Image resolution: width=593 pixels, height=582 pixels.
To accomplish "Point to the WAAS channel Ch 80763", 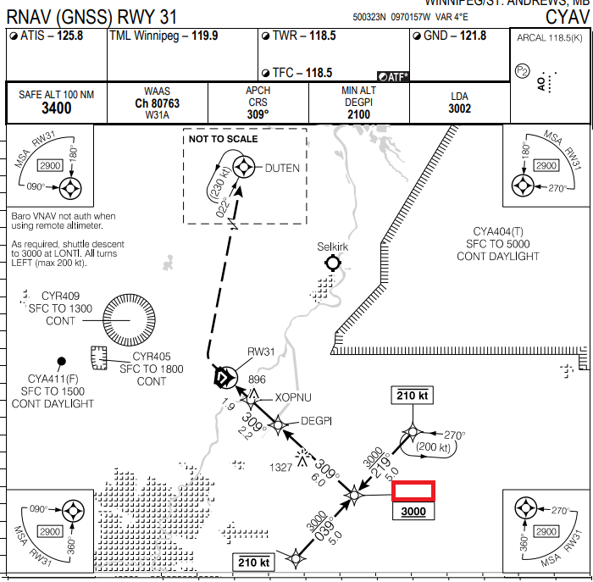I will click(157, 103).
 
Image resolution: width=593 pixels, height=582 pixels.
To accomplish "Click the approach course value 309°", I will click(258, 114).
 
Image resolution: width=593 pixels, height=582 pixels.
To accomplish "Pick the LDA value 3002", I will click(459, 108).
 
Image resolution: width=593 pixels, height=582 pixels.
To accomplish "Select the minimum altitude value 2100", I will click(358, 114).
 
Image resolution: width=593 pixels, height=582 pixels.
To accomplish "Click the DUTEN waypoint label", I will click(282, 168).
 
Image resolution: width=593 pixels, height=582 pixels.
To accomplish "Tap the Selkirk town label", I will click(333, 247).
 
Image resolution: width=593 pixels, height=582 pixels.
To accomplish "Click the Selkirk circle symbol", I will click(332, 263).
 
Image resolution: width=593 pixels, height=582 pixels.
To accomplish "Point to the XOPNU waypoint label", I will click(293, 397).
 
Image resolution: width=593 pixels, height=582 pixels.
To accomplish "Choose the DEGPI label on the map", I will click(318, 421).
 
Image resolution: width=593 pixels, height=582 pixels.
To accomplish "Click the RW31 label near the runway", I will click(262, 352).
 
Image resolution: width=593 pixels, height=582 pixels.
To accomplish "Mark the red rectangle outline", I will click(413, 491).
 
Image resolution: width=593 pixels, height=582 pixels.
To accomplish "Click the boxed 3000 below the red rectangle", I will click(413, 512).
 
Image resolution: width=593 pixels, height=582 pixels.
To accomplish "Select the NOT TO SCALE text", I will click(224, 139).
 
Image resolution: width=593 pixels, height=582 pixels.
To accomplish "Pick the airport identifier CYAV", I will click(566, 16).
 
